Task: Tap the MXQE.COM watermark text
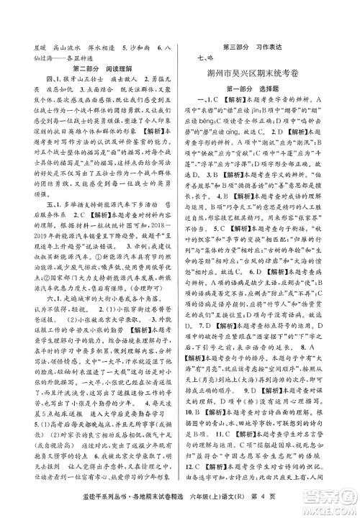click(x=328, y=509)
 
